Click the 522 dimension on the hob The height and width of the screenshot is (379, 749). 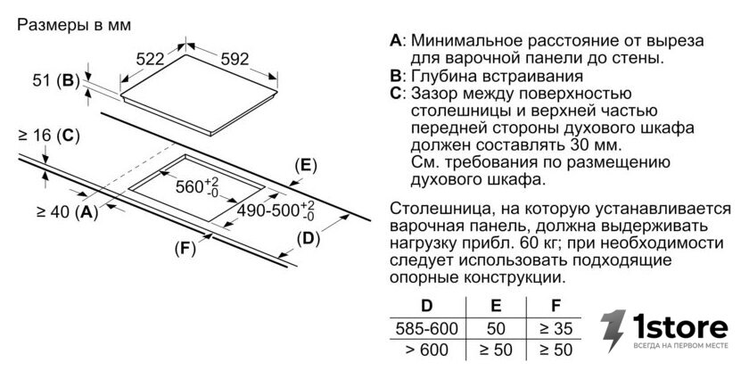pyautogui.click(x=150, y=59)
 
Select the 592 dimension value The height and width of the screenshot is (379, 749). pyautogui.click(x=235, y=59)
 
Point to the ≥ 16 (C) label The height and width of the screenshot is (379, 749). pyautogui.click(x=49, y=136)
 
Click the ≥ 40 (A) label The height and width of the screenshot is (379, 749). pyautogui.click(x=67, y=211)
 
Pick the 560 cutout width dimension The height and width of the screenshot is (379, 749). pyautogui.click(x=197, y=186)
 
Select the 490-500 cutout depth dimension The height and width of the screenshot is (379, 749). pyautogui.click(x=276, y=210)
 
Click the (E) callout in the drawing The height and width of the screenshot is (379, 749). pyautogui.click(x=306, y=165)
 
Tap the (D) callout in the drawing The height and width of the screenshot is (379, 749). pyautogui.click(x=309, y=238)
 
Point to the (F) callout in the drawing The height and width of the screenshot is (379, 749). pyautogui.click(x=185, y=249)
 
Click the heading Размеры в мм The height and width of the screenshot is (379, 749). pyautogui.click(x=74, y=25)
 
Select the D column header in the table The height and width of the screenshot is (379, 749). pyautogui.click(x=426, y=306)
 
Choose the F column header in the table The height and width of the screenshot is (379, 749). pyautogui.click(x=556, y=306)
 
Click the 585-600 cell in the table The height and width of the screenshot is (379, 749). pyautogui.click(x=426, y=329)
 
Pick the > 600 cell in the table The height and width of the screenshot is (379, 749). pyautogui.click(x=426, y=350)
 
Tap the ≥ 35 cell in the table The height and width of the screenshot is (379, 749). pyautogui.click(x=556, y=329)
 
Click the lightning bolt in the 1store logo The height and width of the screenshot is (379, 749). pyautogui.click(x=613, y=331)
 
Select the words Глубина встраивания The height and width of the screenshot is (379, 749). pyautogui.click(x=497, y=77)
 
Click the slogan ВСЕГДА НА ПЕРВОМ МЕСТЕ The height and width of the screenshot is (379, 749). pyautogui.click(x=680, y=345)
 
